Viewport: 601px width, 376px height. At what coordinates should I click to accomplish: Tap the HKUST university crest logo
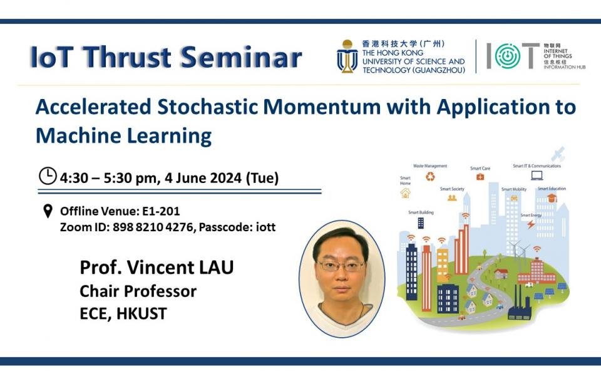[x=347, y=56]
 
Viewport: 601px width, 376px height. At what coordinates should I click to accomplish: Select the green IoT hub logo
[x=508, y=56]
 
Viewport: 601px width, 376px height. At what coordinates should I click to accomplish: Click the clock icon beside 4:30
[x=48, y=177]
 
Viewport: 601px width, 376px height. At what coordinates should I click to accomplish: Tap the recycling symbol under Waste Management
[x=430, y=177]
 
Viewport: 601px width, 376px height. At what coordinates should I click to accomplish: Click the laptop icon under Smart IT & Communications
[x=537, y=176]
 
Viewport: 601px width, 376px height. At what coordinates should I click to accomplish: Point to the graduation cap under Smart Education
[x=552, y=198]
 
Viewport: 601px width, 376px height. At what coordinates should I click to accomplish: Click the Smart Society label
[x=452, y=189]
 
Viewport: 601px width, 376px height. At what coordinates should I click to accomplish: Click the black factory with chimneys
[x=519, y=308]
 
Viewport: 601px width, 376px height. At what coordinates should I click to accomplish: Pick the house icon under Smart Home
[x=406, y=193]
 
